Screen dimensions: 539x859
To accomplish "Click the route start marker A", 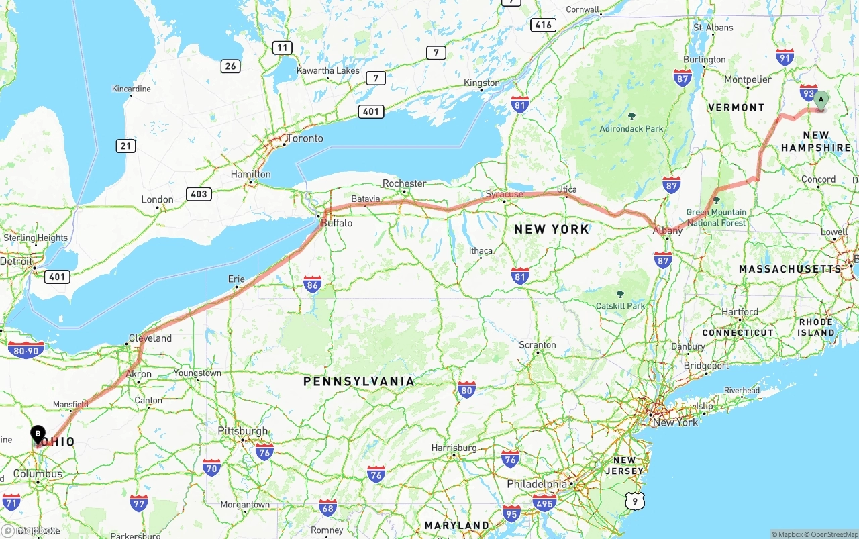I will pyautogui.click(x=820, y=101).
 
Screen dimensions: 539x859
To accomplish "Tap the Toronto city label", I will pyautogui.click(x=305, y=139).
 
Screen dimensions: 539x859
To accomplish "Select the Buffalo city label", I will pyautogui.click(x=336, y=223).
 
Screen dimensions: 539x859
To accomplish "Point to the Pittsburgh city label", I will pyautogui.click(x=243, y=431).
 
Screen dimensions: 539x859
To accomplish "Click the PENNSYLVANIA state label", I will pyautogui.click(x=358, y=381).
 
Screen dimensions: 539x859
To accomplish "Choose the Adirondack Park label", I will pyautogui.click(x=631, y=128).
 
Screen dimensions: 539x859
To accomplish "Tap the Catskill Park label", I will pyautogui.click(x=620, y=306).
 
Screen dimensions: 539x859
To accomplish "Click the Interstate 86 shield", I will pyautogui.click(x=312, y=283).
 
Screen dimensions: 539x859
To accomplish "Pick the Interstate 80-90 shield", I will pyautogui.click(x=27, y=350).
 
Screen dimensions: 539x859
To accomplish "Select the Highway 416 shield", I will pyautogui.click(x=543, y=25).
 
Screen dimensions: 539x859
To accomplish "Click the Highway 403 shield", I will pyautogui.click(x=199, y=194).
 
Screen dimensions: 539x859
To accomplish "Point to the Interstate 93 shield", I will pyautogui.click(x=809, y=92).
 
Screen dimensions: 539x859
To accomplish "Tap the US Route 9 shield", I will pyautogui.click(x=634, y=500).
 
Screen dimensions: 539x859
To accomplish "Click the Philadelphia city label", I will pyautogui.click(x=537, y=484).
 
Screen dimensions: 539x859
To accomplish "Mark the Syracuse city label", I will pyautogui.click(x=505, y=195).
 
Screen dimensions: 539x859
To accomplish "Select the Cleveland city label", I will pyautogui.click(x=150, y=338).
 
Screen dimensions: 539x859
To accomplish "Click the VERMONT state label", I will pyautogui.click(x=736, y=107).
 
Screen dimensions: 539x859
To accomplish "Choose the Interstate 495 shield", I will pyautogui.click(x=544, y=503).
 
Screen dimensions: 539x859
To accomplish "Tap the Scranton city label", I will pyautogui.click(x=537, y=345).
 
